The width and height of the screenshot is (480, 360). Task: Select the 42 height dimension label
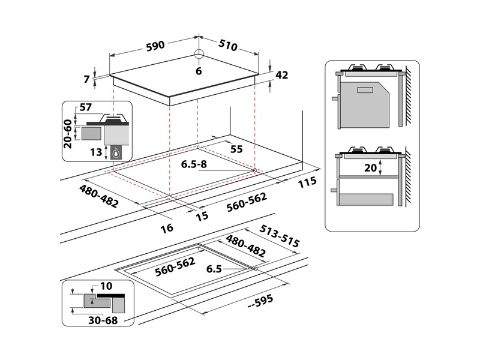(281, 75)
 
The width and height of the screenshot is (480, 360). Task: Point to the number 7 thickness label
(87, 78)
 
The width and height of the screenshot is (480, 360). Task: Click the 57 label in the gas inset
(86, 107)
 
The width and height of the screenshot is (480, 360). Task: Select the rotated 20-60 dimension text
(68, 133)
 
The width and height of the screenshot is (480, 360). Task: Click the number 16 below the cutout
(167, 227)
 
